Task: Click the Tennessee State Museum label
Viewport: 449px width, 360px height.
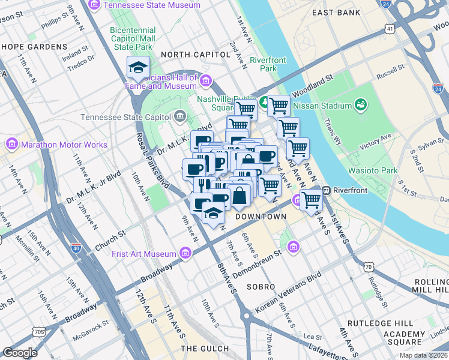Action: click(x=151, y=5)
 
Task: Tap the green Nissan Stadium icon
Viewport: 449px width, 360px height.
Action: click(x=361, y=106)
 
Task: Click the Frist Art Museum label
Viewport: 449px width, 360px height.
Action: click(x=145, y=253)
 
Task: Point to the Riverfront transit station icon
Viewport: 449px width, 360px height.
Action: click(x=328, y=191)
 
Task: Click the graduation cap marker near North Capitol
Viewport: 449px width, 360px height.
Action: click(x=138, y=68)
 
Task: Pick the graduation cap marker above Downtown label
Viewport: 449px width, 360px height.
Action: click(x=213, y=213)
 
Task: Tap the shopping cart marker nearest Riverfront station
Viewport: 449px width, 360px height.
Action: click(x=311, y=199)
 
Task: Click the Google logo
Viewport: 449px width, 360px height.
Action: click(x=20, y=352)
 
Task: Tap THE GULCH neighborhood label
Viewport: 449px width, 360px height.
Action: click(x=205, y=348)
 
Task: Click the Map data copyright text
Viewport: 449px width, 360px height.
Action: click(x=423, y=355)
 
